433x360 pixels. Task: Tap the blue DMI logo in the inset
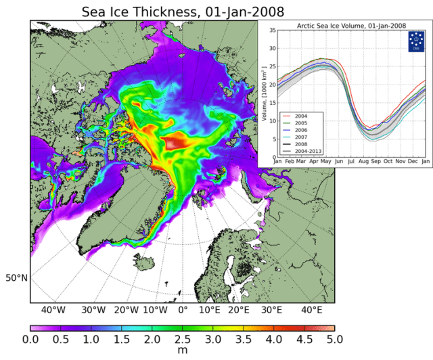click(417, 42)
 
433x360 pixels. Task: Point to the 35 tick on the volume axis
click(272, 30)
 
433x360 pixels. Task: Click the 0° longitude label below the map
click(182, 310)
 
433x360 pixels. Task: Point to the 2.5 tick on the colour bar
click(183, 338)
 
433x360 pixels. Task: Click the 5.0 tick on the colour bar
click(334, 338)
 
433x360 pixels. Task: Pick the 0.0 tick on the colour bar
click(31, 338)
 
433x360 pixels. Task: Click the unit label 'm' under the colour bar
click(183, 351)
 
